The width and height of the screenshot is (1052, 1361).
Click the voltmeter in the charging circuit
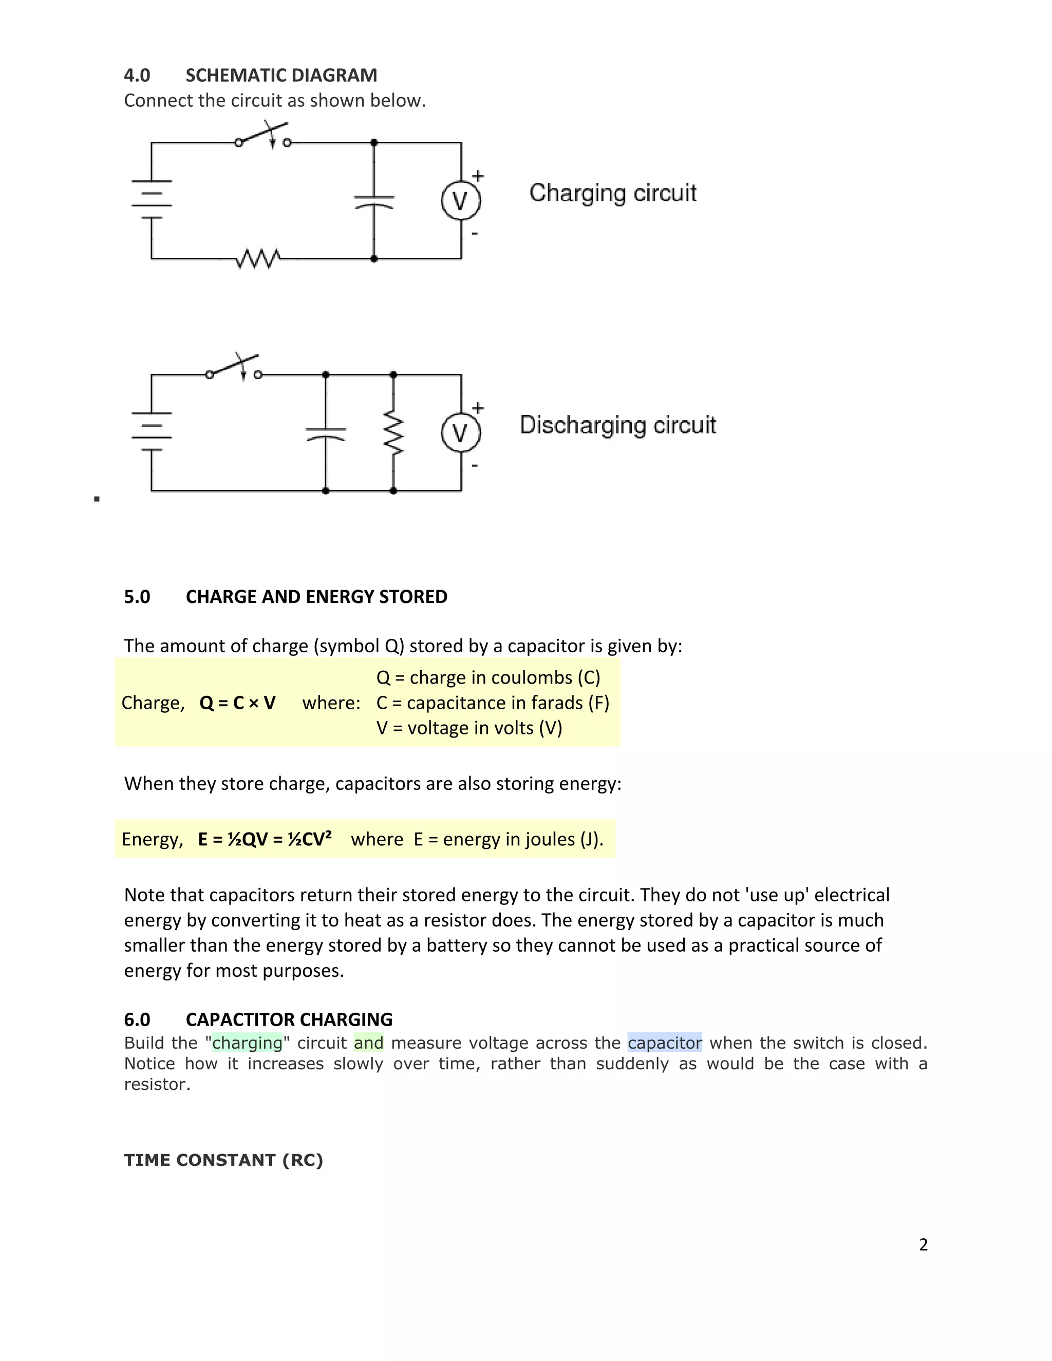pyautogui.click(x=461, y=201)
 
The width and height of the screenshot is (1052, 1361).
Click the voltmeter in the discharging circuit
pyautogui.click(x=461, y=432)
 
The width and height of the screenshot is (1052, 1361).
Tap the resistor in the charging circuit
pyautogui.click(x=258, y=258)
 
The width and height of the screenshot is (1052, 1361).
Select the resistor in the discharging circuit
pyautogui.click(x=393, y=432)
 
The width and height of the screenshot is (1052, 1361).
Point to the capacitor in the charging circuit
pyautogui.click(x=374, y=201)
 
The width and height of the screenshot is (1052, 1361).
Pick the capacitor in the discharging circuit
pyautogui.click(x=325, y=432)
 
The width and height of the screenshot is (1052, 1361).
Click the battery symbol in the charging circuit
pyautogui.click(x=152, y=199)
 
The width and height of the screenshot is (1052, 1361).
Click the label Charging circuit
pyautogui.click(x=613, y=193)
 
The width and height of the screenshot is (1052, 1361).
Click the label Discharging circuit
pyautogui.click(x=617, y=425)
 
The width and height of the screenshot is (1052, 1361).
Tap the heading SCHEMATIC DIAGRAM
pyautogui.click(x=281, y=75)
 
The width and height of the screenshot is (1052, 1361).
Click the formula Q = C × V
pyautogui.click(x=237, y=703)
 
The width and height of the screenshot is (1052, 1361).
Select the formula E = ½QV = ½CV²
pyautogui.click(x=265, y=839)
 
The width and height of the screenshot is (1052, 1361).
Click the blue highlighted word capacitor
pyautogui.click(x=664, y=1043)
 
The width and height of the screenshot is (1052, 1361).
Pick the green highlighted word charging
pyautogui.click(x=248, y=1043)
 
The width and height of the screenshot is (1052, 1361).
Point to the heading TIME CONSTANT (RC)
pyautogui.click(x=223, y=1160)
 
